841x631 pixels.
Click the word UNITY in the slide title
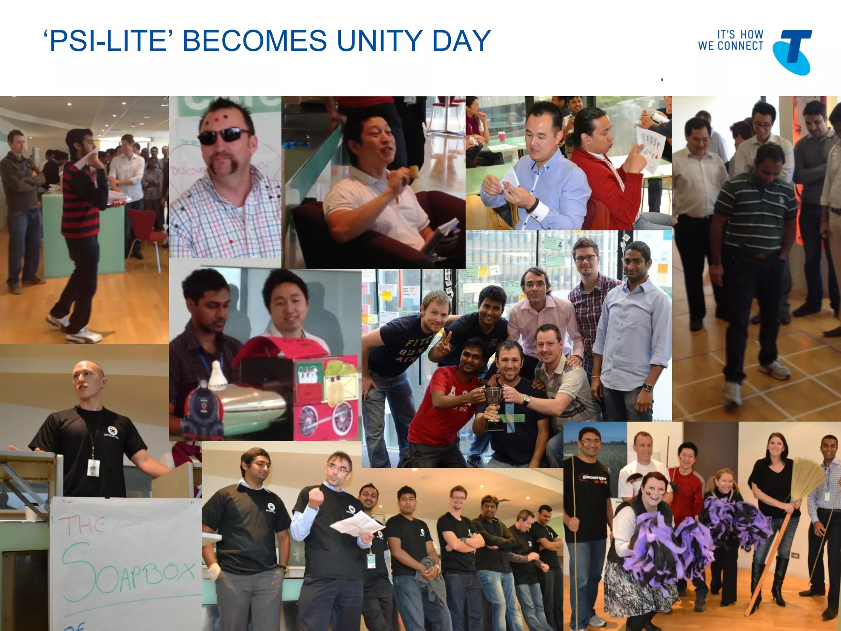379,41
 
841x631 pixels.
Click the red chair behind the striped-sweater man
144,230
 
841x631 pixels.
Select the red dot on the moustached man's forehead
216,120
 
